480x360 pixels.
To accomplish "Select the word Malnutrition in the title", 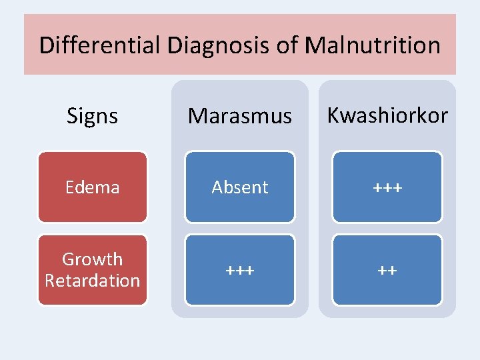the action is coord(372,45).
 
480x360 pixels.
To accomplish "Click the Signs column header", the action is coord(92,116).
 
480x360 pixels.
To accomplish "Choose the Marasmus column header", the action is coord(240,116).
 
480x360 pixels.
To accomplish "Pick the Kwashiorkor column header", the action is coord(387,115).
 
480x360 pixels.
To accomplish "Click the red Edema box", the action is coord(92,187).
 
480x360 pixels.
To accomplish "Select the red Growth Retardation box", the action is coord(92,270).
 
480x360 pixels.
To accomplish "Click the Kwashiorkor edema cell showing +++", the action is coord(387,187).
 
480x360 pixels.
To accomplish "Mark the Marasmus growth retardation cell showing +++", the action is coord(240,270).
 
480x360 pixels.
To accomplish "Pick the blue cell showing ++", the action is coord(387,270).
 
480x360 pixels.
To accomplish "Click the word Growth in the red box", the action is coord(92,259).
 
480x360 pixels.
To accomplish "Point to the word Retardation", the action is coord(92,281).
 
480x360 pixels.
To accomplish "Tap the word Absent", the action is coord(240,188).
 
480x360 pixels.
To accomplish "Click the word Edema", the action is coord(92,187).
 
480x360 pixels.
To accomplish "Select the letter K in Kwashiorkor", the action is coord(333,115).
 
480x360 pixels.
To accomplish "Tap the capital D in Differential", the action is coord(46,45).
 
